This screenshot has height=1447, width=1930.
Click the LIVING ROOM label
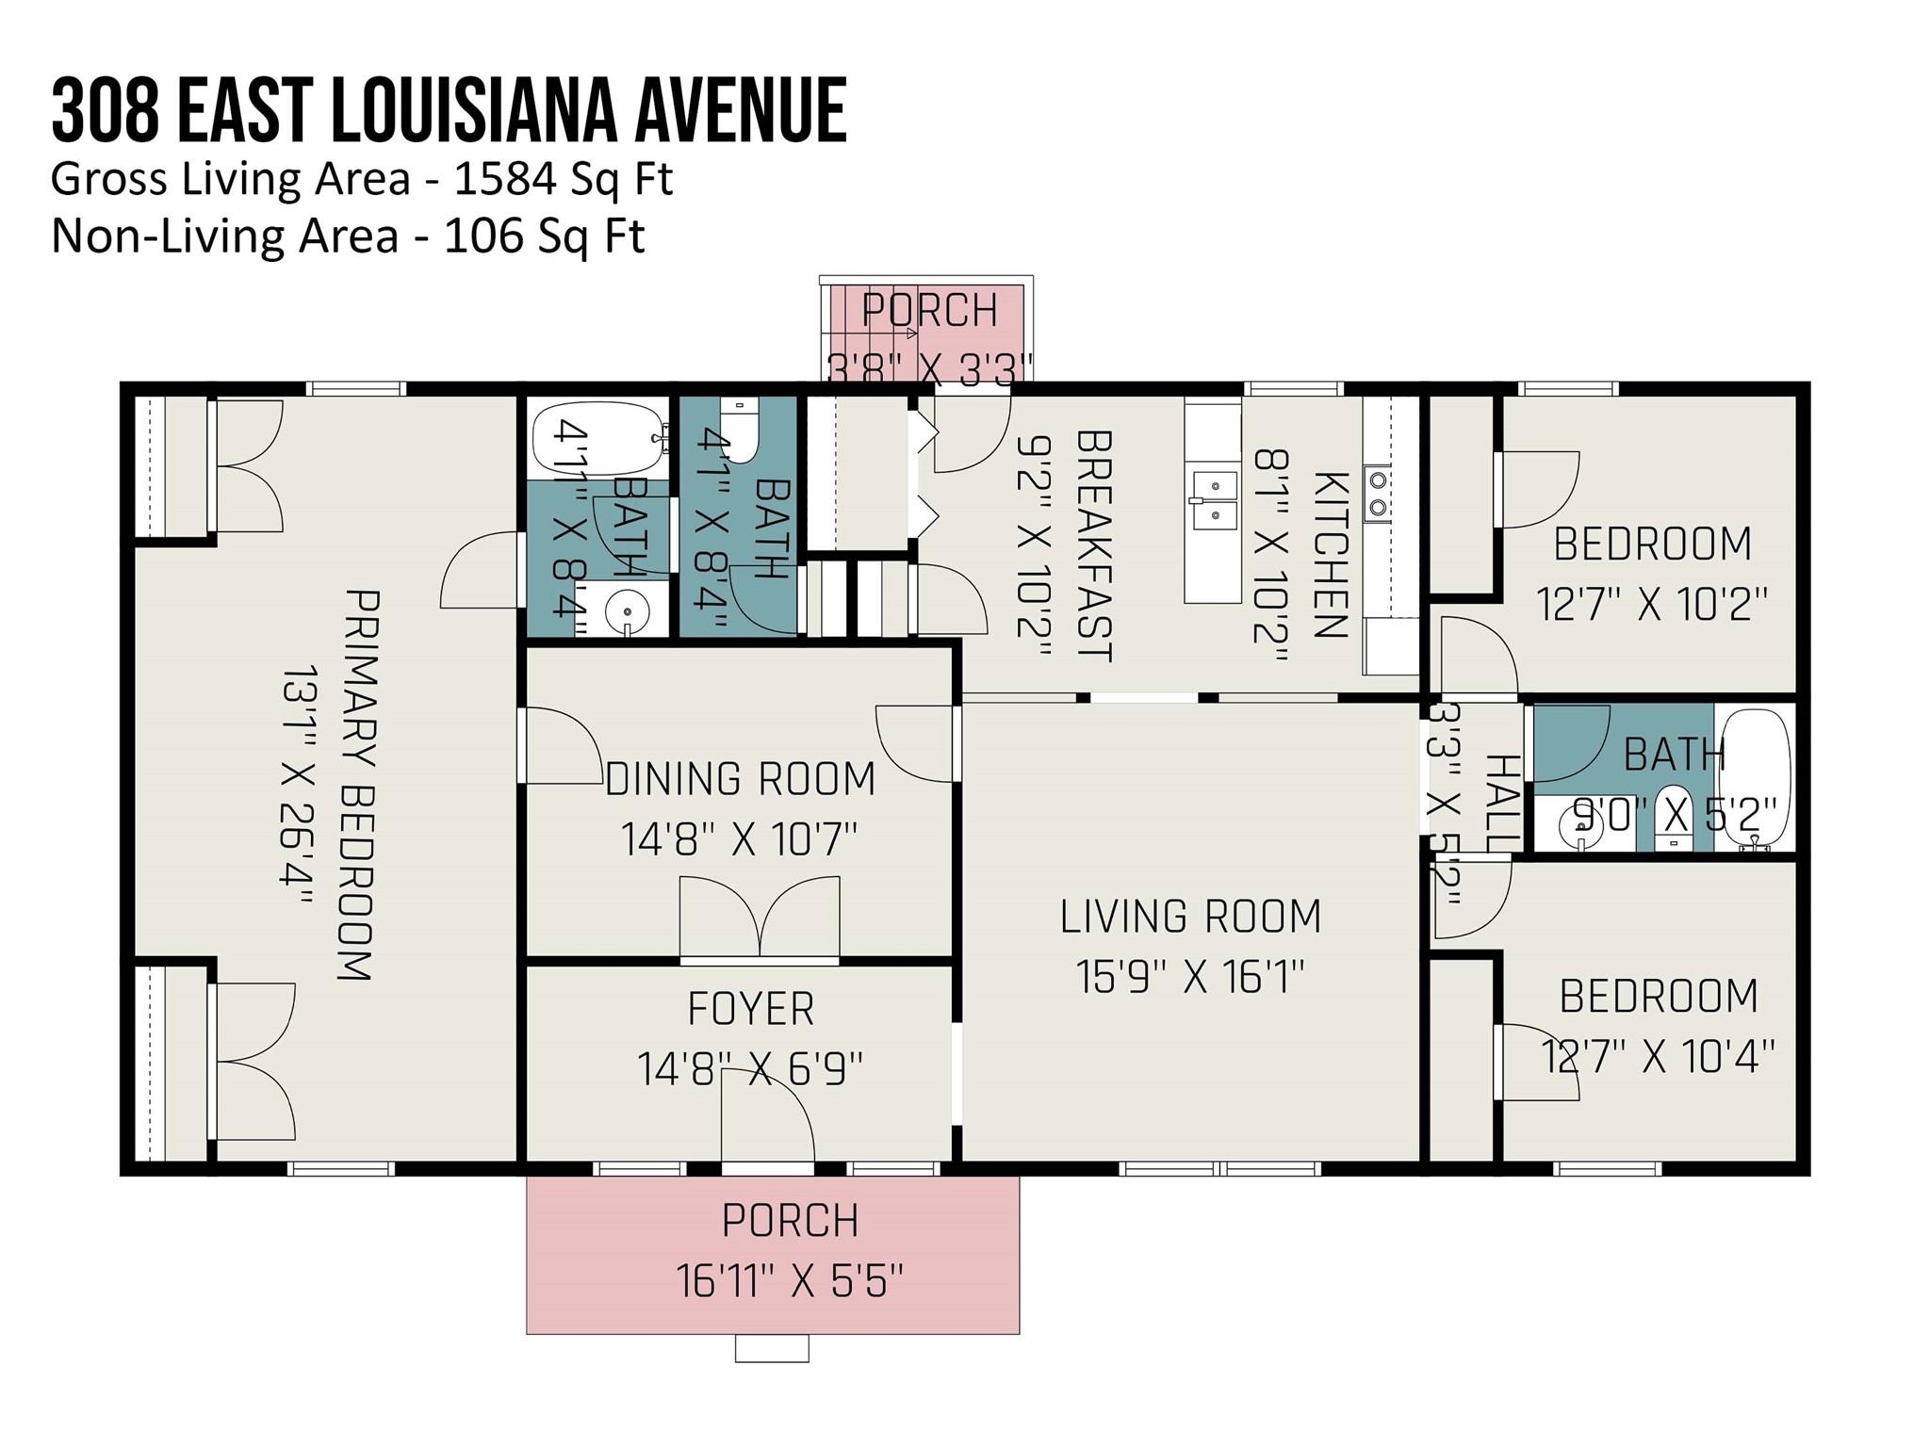[1190, 918]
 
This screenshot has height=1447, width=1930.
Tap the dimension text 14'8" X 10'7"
[739, 839]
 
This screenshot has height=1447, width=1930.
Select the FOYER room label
[750, 1009]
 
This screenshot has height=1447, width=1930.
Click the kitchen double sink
[1213, 500]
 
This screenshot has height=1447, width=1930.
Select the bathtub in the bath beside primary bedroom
[596, 439]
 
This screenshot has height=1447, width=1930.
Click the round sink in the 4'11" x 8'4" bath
[626, 613]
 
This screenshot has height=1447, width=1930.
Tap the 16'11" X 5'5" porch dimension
[790, 1281]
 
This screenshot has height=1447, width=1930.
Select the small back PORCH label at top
[929, 311]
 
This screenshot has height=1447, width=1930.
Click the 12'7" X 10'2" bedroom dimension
[1651, 604]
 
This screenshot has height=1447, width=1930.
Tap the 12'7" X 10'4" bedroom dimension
[1658, 1056]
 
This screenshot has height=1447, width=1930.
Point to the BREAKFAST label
[1094, 546]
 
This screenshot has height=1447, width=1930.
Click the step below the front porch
[772, 1348]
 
